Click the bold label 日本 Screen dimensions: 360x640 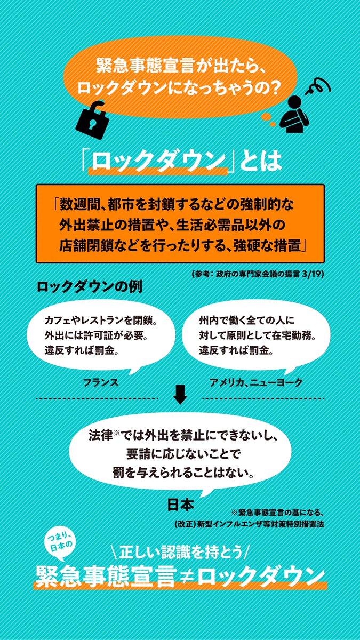[179, 503]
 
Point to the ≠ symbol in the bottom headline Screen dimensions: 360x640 [187, 575]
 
